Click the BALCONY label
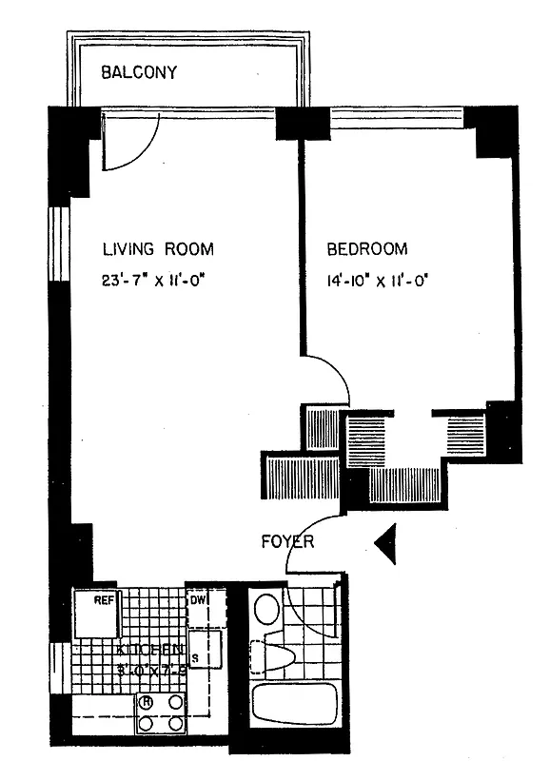[140, 72]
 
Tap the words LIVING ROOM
[158, 249]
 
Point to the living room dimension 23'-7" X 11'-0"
[157, 281]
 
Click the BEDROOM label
[367, 249]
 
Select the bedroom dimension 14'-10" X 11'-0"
[379, 281]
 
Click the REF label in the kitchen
[103, 600]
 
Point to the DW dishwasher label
[198, 600]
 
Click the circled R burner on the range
[147, 704]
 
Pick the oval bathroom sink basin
[267, 608]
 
